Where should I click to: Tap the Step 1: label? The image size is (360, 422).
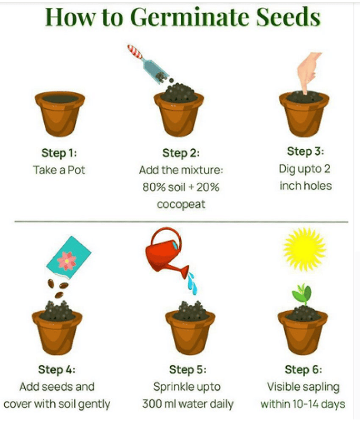[x=59, y=153]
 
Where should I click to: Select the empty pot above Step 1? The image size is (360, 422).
[x=60, y=113]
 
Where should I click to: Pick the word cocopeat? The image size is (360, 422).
[x=181, y=204]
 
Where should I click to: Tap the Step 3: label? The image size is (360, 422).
[x=305, y=151]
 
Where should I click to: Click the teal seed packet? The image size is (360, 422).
[x=69, y=257]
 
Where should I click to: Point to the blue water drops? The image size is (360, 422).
[x=192, y=283]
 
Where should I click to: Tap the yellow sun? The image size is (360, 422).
[x=304, y=248]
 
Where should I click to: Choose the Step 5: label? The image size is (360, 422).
[x=188, y=370]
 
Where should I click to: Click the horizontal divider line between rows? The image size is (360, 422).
[x=181, y=222]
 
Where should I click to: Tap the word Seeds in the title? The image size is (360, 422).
[x=288, y=17]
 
